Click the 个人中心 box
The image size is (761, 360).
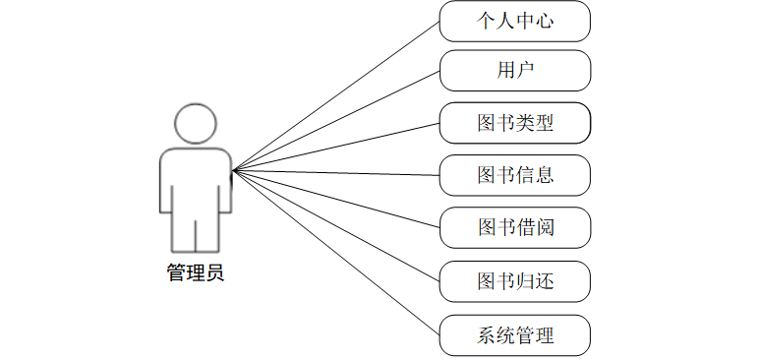(514, 21)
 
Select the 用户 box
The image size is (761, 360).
(514, 71)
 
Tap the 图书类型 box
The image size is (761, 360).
(514, 123)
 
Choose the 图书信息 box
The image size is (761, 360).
(514, 175)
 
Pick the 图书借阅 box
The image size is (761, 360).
(514, 228)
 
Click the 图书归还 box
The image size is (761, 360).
(514, 281)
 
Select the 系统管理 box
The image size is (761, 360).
(514, 334)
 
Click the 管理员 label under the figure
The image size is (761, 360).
(196, 272)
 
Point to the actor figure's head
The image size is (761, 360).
(195, 123)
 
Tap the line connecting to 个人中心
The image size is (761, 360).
(335, 95)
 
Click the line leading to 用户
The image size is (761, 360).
(335, 121)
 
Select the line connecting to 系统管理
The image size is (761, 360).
(335, 252)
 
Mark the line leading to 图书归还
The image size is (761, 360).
(335, 225)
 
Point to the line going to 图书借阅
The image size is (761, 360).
(335, 200)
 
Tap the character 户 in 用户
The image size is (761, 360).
(524, 71)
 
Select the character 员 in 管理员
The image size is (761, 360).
(215, 272)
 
